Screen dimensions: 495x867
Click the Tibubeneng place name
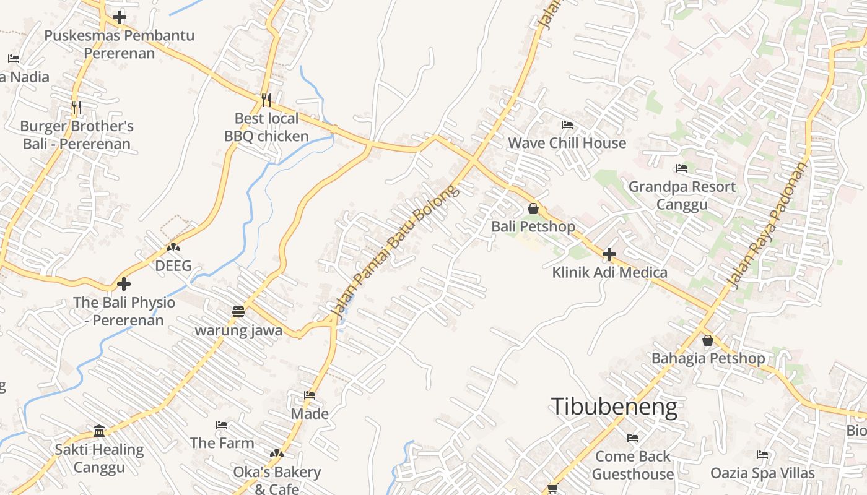pyautogui.click(x=614, y=407)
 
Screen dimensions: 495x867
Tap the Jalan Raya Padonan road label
pyautogui.click(x=767, y=226)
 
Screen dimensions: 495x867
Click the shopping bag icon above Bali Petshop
pyautogui.click(x=533, y=209)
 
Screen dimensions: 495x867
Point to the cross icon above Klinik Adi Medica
pyautogui.click(x=609, y=254)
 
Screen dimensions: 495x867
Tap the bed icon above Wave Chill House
pyautogui.click(x=567, y=125)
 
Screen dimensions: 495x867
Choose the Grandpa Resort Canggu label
pyautogui.click(x=682, y=195)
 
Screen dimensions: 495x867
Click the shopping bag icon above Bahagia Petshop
pyautogui.click(x=708, y=340)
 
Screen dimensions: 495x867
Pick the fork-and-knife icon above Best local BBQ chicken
pyautogui.click(x=266, y=100)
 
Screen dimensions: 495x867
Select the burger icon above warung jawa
pyautogui.click(x=238, y=311)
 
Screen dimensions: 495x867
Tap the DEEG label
pyautogui.click(x=173, y=266)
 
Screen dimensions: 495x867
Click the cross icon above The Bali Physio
pyautogui.click(x=124, y=284)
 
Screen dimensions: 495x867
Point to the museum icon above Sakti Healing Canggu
pyautogui.click(x=99, y=431)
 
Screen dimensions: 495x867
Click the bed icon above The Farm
pyautogui.click(x=222, y=425)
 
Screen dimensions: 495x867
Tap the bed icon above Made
pyautogui.click(x=310, y=395)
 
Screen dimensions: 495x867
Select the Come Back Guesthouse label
pyautogui.click(x=633, y=465)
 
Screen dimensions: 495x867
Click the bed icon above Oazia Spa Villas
pyautogui.click(x=762, y=455)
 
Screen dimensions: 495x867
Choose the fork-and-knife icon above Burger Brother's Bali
pyautogui.click(x=77, y=108)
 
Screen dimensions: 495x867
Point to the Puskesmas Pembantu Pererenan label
pyautogui.click(x=119, y=44)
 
